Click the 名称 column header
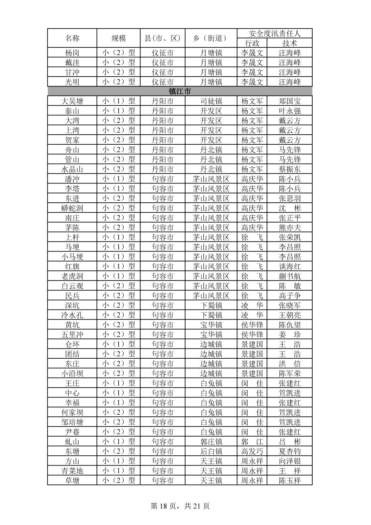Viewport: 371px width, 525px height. pos(72,38)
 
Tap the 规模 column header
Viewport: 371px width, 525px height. pos(119,38)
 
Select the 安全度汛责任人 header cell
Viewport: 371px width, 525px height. pos(274,33)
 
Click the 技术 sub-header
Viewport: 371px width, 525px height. pos(290,43)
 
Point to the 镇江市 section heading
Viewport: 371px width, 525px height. pos(180,91)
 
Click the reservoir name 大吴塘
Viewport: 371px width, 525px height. pos(72,101)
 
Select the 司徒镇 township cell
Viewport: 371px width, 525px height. pos(211,101)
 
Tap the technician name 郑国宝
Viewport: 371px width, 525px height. pos(290,101)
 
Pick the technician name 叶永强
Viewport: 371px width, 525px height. pos(290,111)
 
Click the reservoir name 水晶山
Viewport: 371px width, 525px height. pos(72,169)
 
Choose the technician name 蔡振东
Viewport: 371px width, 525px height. pos(290,169)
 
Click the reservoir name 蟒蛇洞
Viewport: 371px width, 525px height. pos(72,208)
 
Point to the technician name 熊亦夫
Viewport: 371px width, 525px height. pos(290,227)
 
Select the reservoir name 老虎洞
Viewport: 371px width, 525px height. pos(72,276)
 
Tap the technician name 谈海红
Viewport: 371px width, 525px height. pos(290,266)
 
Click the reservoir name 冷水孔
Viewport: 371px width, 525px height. pos(72,315)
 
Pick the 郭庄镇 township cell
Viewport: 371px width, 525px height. pos(211,442)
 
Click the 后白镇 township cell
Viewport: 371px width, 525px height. pos(211,451)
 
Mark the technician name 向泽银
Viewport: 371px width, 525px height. pos(290,461)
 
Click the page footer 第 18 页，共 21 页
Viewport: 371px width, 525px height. pos(180,506)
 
